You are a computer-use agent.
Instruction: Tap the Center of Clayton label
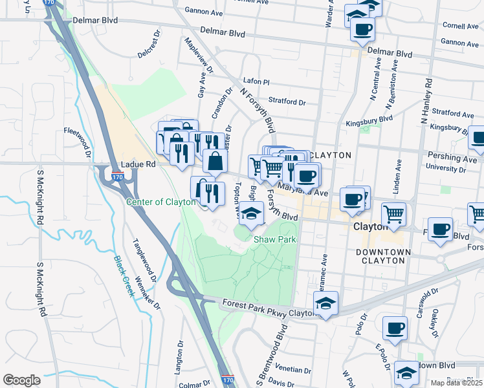[x=160, y=202]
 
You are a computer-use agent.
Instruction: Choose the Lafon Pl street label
[x=256, y=82]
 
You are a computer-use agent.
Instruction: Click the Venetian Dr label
[x=292, y=370]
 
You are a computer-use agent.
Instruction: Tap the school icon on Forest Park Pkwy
[x=326, y=303]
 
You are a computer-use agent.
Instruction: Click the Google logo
[x=21, y=380]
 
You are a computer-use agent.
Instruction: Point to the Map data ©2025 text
[x=456, y=383]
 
